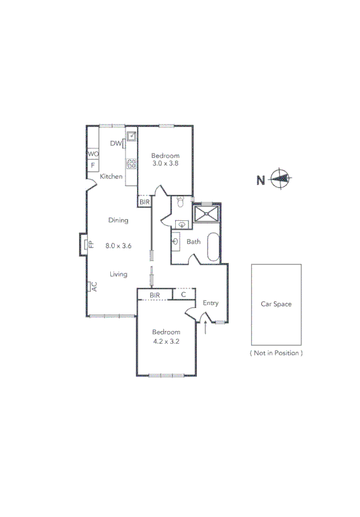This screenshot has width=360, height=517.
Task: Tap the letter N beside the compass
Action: (x=261, y=180)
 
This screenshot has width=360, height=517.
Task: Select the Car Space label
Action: (x=276, y=304)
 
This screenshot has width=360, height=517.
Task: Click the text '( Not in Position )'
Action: (x=276, y=352)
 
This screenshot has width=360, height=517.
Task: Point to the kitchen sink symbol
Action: (x=131, y=136)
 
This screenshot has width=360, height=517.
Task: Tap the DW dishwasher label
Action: (x=115, y=144)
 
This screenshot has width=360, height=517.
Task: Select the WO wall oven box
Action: (x=93, y=154)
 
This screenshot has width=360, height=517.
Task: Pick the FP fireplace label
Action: (x=91, y=244)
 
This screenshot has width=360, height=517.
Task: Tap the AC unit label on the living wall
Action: (x=93, y=287)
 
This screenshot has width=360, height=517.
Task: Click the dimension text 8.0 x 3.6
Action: (x=118, y=245)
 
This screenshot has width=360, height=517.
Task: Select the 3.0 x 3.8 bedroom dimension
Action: (x=166, y=164)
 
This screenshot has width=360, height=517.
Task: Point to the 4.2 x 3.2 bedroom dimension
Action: (x=166, y=341)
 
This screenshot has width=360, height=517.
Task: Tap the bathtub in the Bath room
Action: (x=213, y=248)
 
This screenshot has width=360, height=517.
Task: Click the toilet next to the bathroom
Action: (x=181, y=203)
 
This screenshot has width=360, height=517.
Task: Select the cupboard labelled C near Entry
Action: (x=184, y=295)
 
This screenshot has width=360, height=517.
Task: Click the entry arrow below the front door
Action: (x=206, y=327)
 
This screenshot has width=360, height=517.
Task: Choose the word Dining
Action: (x=118, y=220)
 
